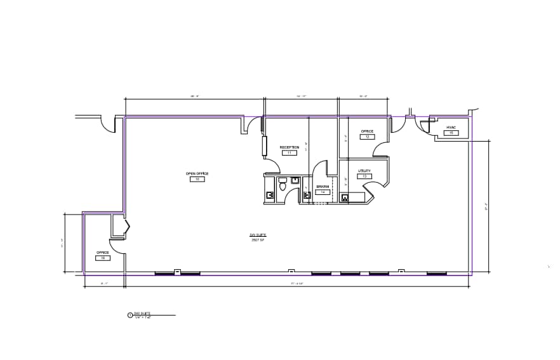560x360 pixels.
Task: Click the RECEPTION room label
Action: pos(290,147)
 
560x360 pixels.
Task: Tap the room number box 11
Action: pos(290,153)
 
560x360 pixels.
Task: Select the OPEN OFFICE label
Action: pos(197,173)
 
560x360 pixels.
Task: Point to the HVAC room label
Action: pos(451,128)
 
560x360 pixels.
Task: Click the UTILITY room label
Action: pos(364,171)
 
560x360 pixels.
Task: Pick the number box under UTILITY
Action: pos(364,177)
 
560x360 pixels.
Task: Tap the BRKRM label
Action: pos(322,186)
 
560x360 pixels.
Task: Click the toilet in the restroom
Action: pos(283,188)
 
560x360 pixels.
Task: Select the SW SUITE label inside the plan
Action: pos(257,235)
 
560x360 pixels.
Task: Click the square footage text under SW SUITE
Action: pos(257,240)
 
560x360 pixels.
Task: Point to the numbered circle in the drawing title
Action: pos(130,314)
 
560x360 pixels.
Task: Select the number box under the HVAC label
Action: pos(451,133)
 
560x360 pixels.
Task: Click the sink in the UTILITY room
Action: pos(345,197)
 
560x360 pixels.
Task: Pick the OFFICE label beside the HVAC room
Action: pos(367,131)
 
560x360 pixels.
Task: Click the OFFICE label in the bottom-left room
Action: pos(103,253)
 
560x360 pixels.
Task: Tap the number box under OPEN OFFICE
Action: pos(197,180)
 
